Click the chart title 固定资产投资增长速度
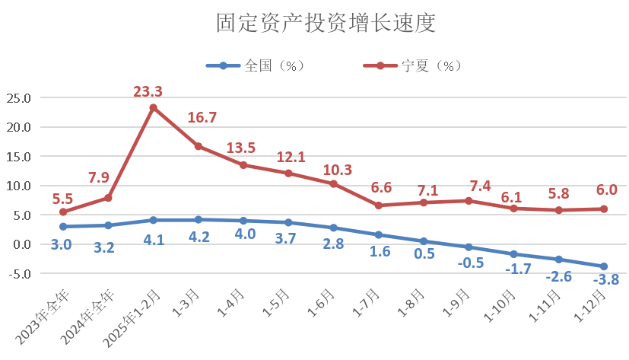[x=325, y=24]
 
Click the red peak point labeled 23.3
[x=153, y=107]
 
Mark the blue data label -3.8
[x=605, y=279]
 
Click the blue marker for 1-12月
[x=604, y=266]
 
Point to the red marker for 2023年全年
[x=63, y=212]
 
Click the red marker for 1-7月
[x=379, y=205]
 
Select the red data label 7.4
[x=469, y=186]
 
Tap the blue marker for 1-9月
[x=469, y=247]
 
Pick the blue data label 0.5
[x=424, y=253]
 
